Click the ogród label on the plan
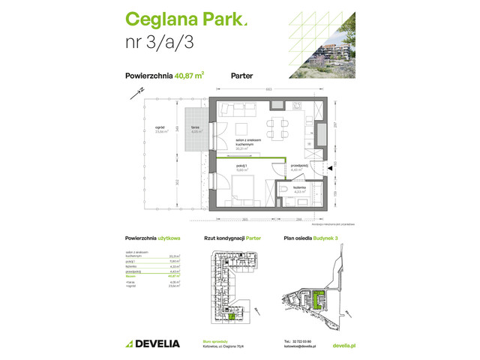pos(160,127)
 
